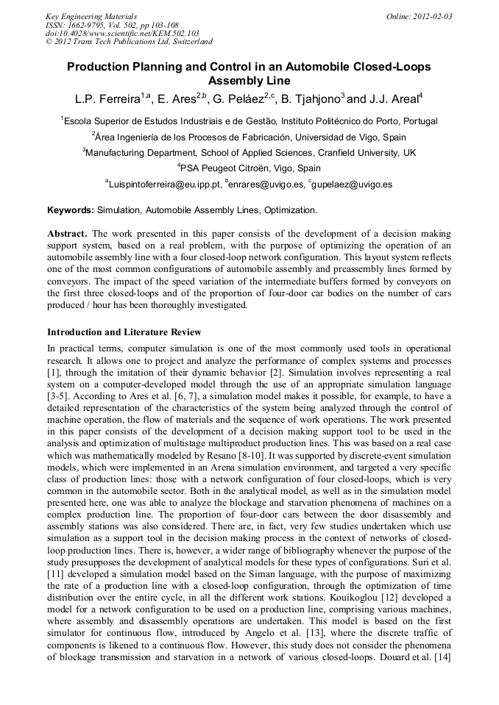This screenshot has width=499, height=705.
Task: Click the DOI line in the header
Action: coord(122,33)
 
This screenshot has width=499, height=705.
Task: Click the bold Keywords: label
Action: coord(71,210)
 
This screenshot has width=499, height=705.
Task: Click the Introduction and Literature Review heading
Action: coord(124,332)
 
